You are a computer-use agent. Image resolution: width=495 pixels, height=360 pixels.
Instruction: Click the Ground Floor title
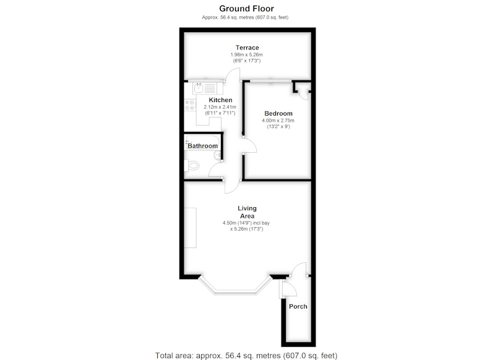(x=246, y=9)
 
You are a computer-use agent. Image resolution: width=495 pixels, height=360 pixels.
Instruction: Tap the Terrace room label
(x=247, y=48)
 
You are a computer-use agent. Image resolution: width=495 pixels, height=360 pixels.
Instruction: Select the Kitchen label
(x=220, y=100)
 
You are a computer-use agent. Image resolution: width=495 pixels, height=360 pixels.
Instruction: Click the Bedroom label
(x=278, y=113)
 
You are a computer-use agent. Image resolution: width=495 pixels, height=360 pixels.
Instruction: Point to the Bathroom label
(x=203, y=146)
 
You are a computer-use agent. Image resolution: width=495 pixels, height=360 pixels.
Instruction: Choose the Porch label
(x=298, y=306)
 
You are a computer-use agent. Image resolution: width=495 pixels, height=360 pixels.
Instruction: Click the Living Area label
(x=247, y=212)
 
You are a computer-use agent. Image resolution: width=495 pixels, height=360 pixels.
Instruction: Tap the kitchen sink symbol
(x=205, y=88)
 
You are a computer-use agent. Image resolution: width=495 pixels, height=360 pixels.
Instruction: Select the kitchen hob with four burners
(x=190, y=105)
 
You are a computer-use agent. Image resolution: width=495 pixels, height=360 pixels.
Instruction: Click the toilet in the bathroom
(x=192, y=165)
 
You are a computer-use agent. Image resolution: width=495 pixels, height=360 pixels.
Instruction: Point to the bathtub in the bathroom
(x=202, y=143)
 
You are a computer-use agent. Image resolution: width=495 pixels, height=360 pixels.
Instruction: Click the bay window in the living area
(x=235, y=286)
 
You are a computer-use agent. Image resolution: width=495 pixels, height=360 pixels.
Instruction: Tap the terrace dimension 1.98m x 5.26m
(x=246, y=54)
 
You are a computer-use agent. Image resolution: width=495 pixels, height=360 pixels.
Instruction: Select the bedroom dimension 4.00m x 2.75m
(x=278, y=121)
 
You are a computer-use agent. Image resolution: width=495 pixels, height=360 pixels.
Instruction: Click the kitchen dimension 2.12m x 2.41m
(x=220, y=107)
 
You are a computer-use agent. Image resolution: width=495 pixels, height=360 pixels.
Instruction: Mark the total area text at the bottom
(x=246, y=356)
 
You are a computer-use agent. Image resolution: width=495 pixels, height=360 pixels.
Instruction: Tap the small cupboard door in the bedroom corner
(x=304, y=95)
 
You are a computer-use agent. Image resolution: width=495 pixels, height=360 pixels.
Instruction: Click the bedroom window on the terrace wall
(x=270, y=81)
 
